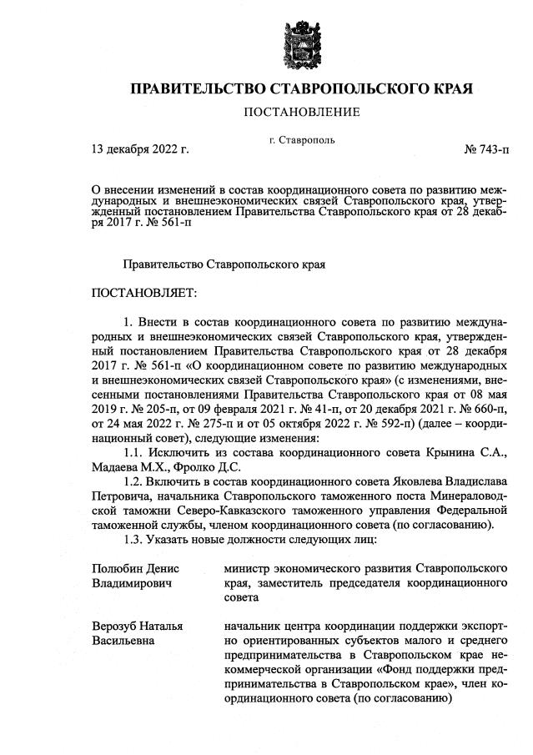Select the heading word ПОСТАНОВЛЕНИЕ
[302, 112]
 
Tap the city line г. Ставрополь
[302, 139]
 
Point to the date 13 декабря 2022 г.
[140, 150]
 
